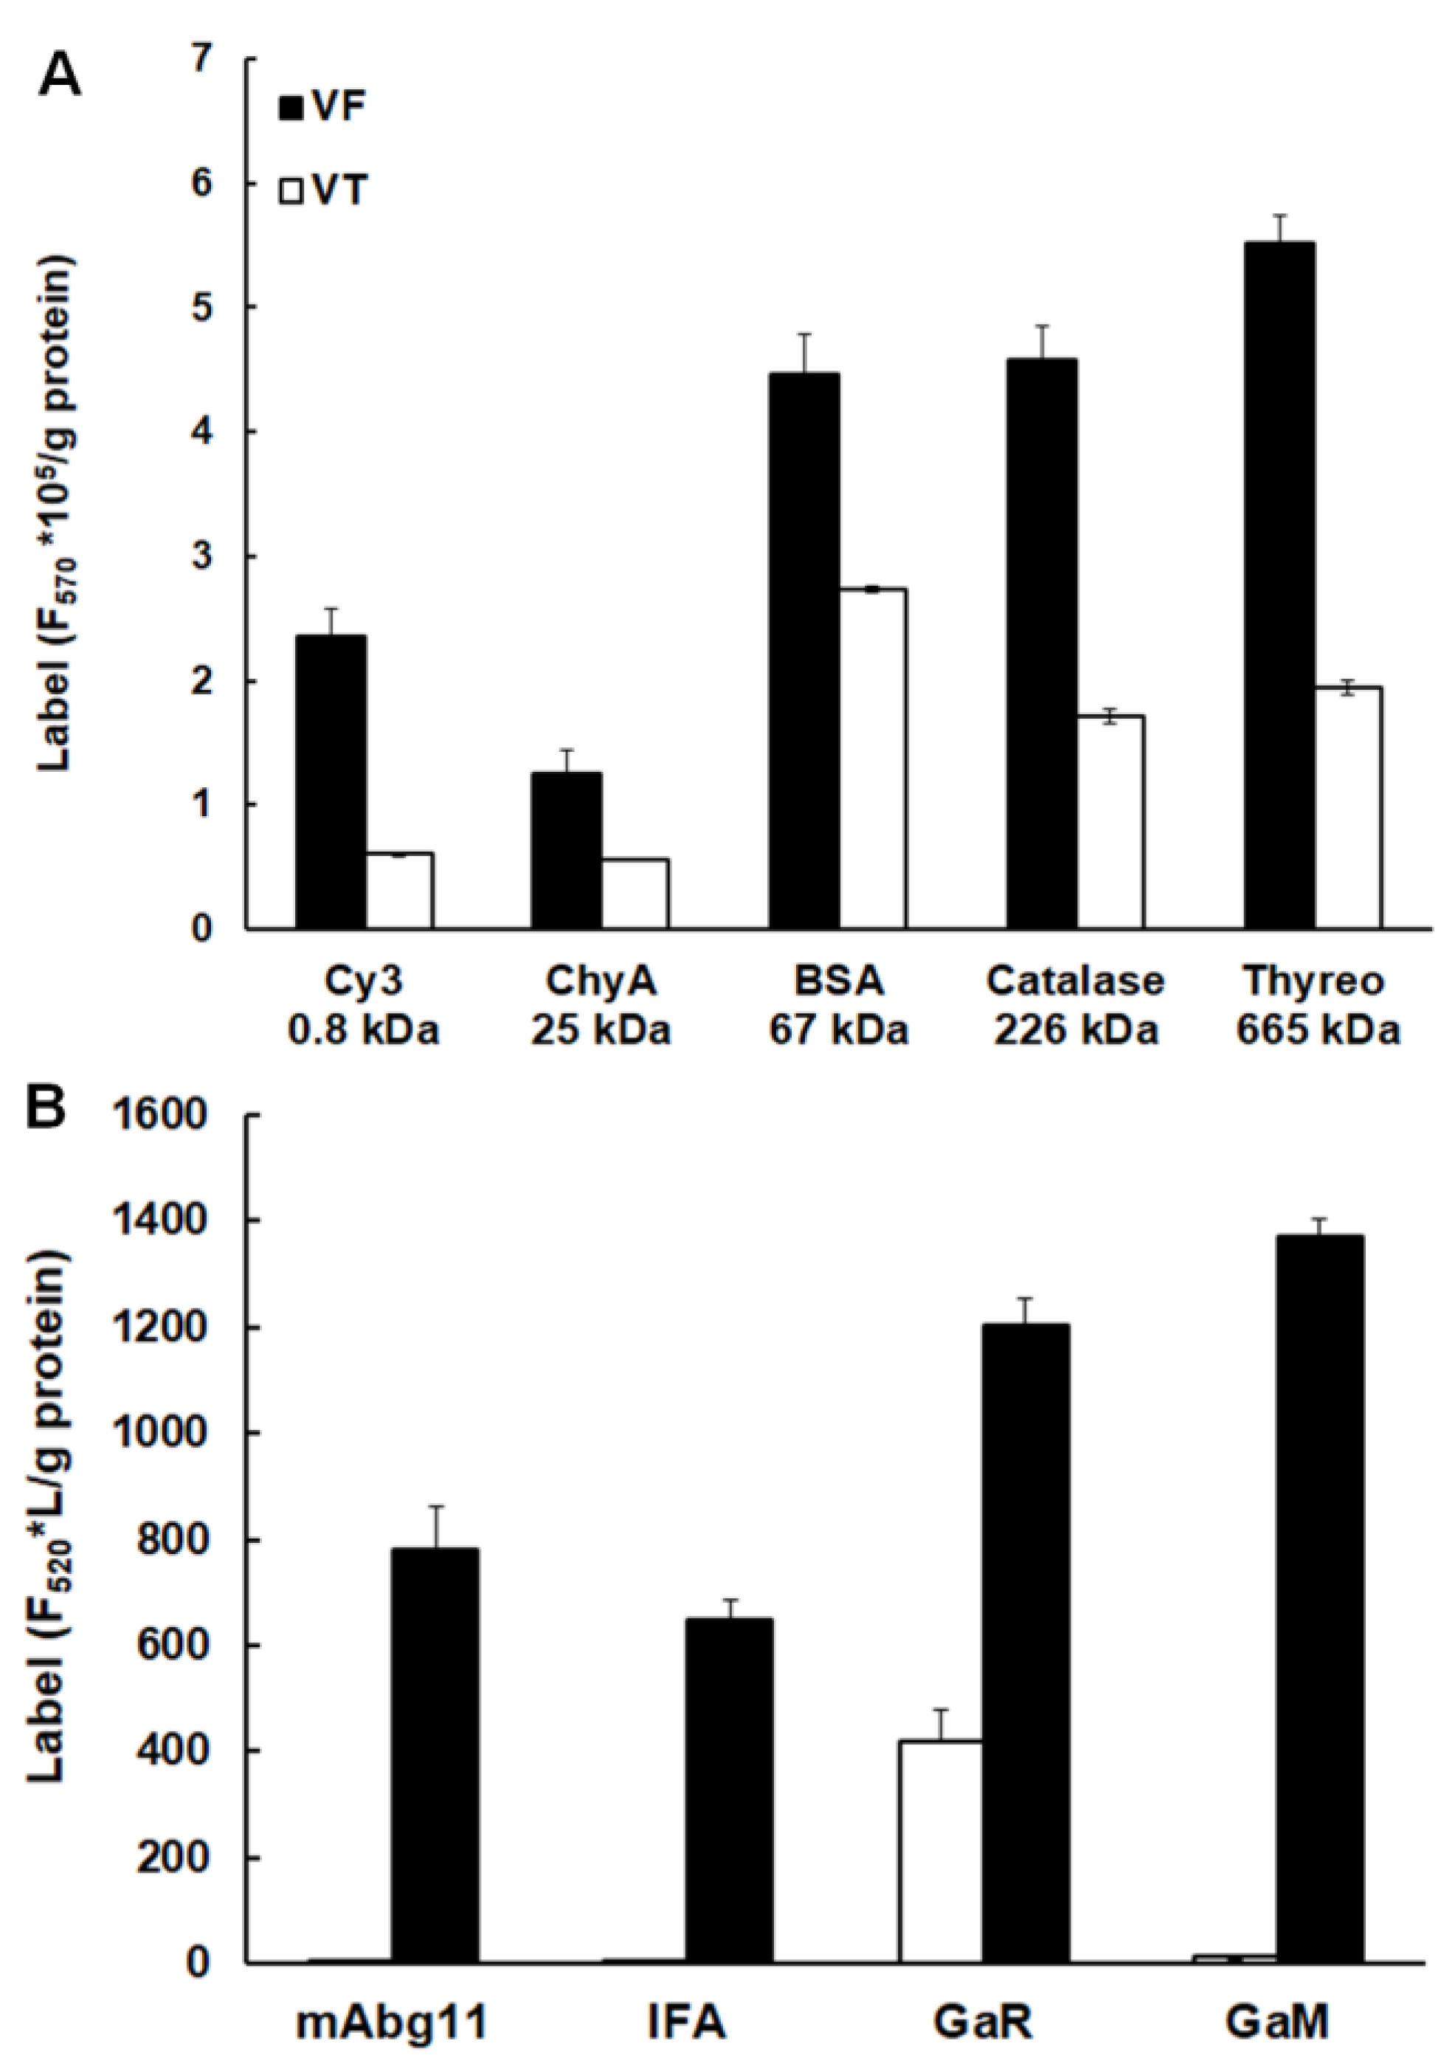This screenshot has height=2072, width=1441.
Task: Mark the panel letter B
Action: coord(45,1106)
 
